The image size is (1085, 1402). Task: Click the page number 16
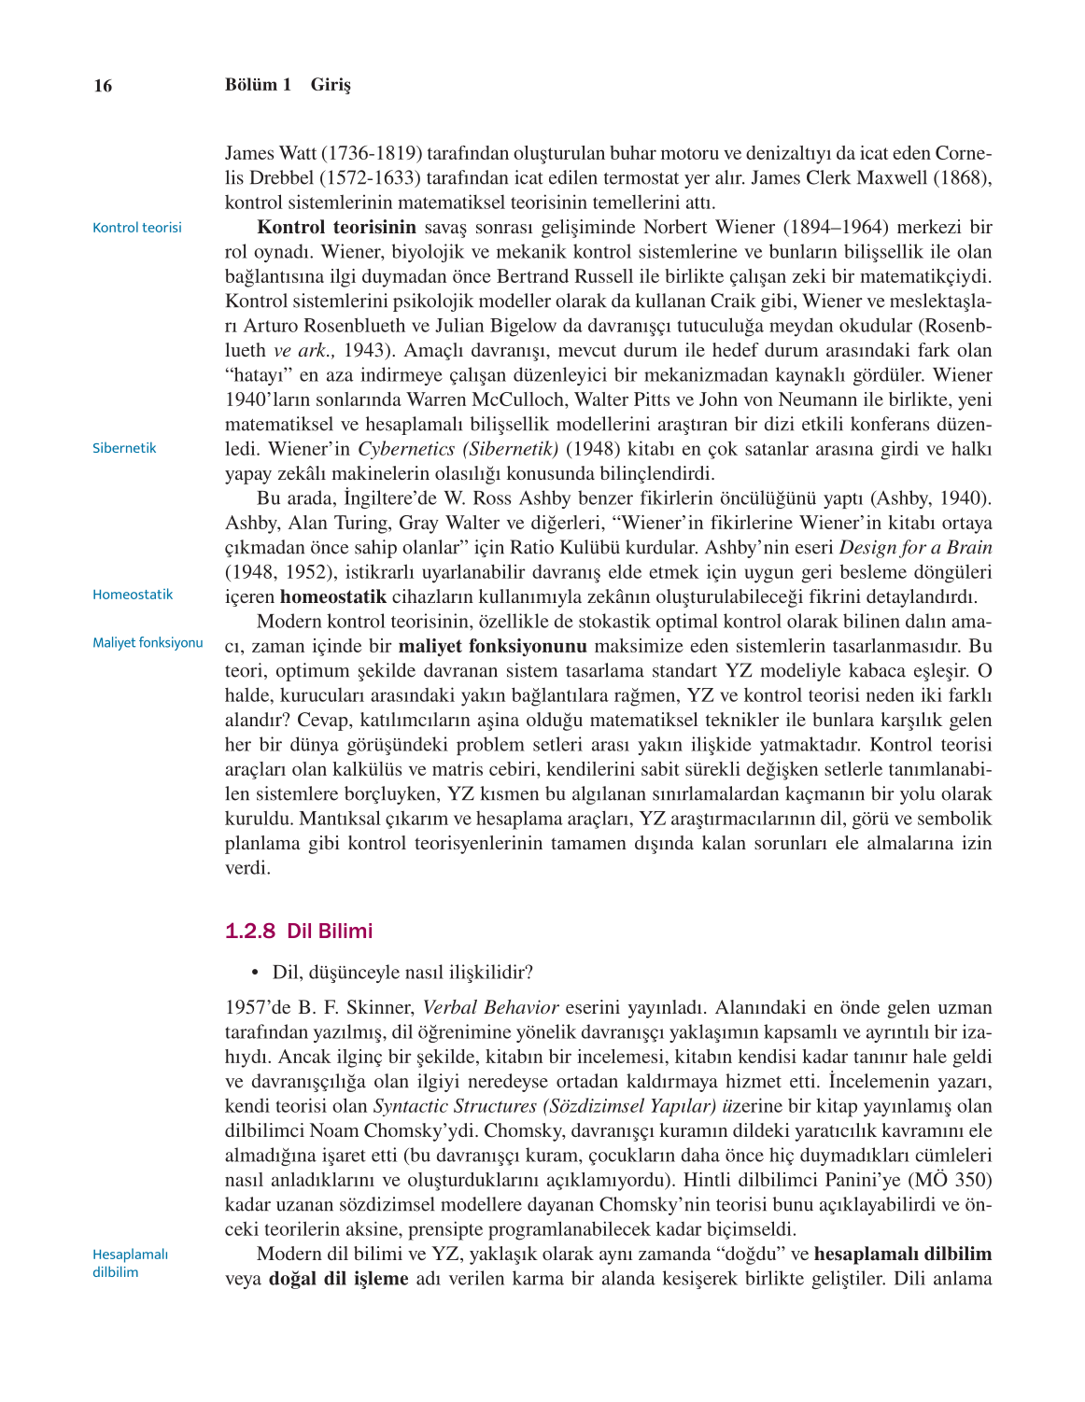click(x=103, y=86)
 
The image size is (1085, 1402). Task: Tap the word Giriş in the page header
click(x=331, y=85)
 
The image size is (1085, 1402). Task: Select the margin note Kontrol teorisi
click(x=137, y=228)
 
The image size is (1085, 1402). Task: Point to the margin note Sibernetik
click(x=124, y=448)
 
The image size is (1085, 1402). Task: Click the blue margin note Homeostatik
click(x=133, y=595)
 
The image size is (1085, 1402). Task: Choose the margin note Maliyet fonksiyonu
click(x=148, y=643)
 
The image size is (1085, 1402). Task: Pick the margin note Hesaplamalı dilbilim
click(x=130, y=1263)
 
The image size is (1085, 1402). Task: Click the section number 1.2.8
click(x=250, y=931)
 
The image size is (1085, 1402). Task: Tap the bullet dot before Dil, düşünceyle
click(x=254, y=973)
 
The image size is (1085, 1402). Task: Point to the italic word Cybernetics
click(x=406, y=449)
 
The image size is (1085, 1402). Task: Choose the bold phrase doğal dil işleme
click(x=338, y=1279)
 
